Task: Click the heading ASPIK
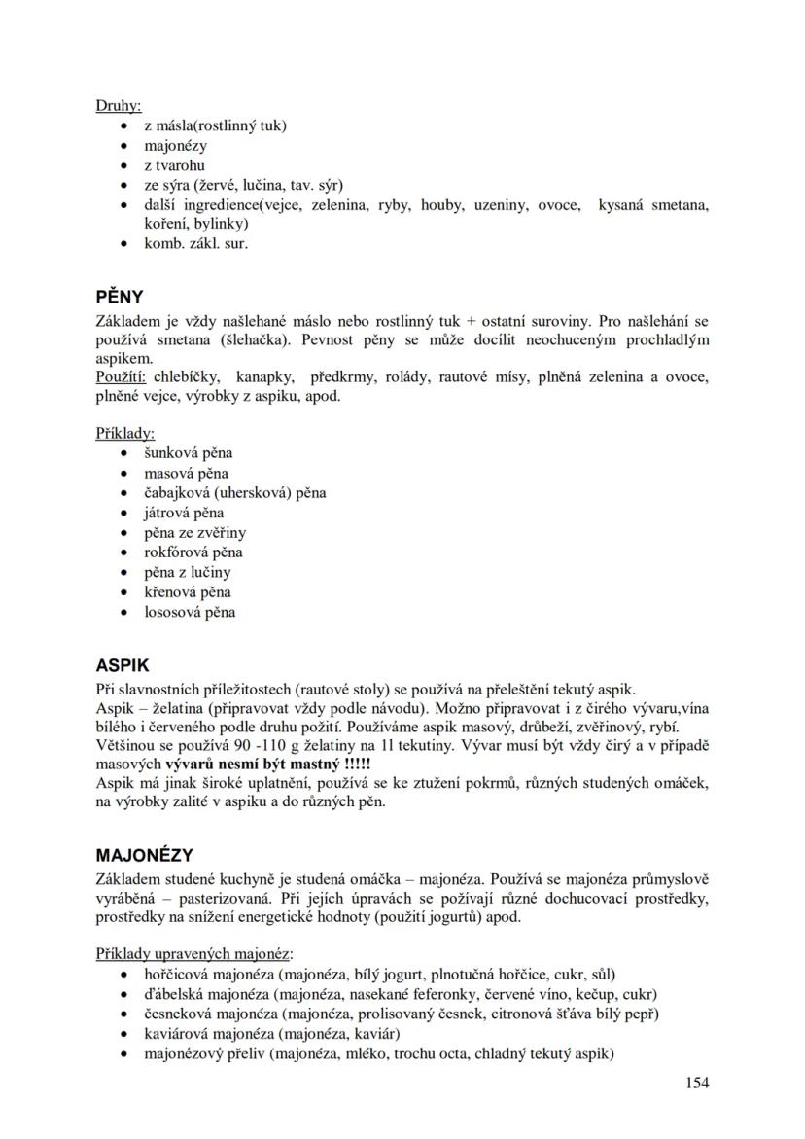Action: click(122, 666)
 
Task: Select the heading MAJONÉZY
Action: click(144, 856)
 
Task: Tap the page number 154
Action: click(696, 1083)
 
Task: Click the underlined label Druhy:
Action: click(119, 105)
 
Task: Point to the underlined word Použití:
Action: click(122, 377)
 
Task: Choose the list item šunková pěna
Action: click(189, 453)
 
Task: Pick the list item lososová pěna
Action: click(190, 613)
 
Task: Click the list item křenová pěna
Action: click(188, 592)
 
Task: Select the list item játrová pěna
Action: click(184, 513)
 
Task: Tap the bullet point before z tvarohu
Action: click(122, 166)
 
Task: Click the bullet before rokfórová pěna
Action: click(122, 552)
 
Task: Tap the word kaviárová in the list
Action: click(176, 1034)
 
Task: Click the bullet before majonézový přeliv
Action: click(122, 1054)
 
